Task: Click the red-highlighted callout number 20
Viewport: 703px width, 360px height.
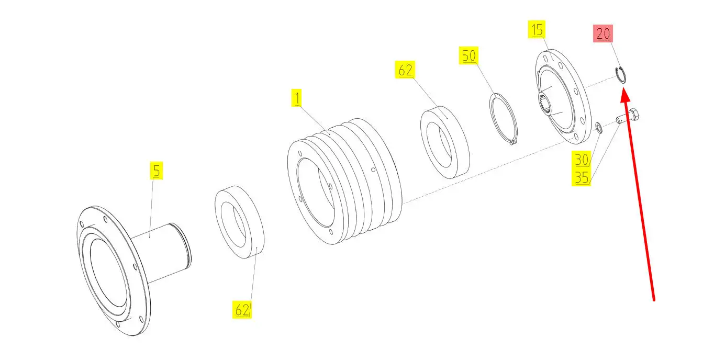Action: pos(603,33)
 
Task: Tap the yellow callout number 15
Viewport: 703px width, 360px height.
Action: pos(537,29)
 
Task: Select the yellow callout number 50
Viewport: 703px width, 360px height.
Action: pos(468,55)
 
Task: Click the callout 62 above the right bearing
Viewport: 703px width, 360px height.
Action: pos(405,70)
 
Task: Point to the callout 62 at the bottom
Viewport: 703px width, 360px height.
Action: pos(242,310)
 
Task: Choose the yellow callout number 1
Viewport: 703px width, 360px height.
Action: pos(297,98)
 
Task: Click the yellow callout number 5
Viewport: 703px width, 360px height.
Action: pos(157,171)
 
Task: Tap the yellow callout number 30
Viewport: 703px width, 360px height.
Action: pos(581,160)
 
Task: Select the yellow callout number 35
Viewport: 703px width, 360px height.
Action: pos(581,177)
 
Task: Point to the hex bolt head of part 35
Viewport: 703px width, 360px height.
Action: pos(633,116)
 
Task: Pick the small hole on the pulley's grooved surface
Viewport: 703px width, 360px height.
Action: pos(373,170)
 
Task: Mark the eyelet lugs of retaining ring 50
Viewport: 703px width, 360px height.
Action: pos(512,142)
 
